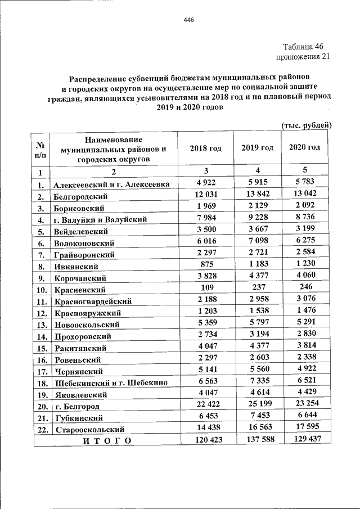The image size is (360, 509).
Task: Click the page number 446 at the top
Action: [x=188, y=20]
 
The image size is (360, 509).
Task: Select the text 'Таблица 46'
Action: [x=303, y=47]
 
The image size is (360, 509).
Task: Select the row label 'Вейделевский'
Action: [x=82, y=231]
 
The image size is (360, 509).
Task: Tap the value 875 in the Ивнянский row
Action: [x=205, y=265]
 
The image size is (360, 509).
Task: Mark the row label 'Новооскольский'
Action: [x=87, y=325]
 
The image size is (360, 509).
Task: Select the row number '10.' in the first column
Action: [x=41, y=290]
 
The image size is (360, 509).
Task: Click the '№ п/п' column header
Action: [x=41, y=149]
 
